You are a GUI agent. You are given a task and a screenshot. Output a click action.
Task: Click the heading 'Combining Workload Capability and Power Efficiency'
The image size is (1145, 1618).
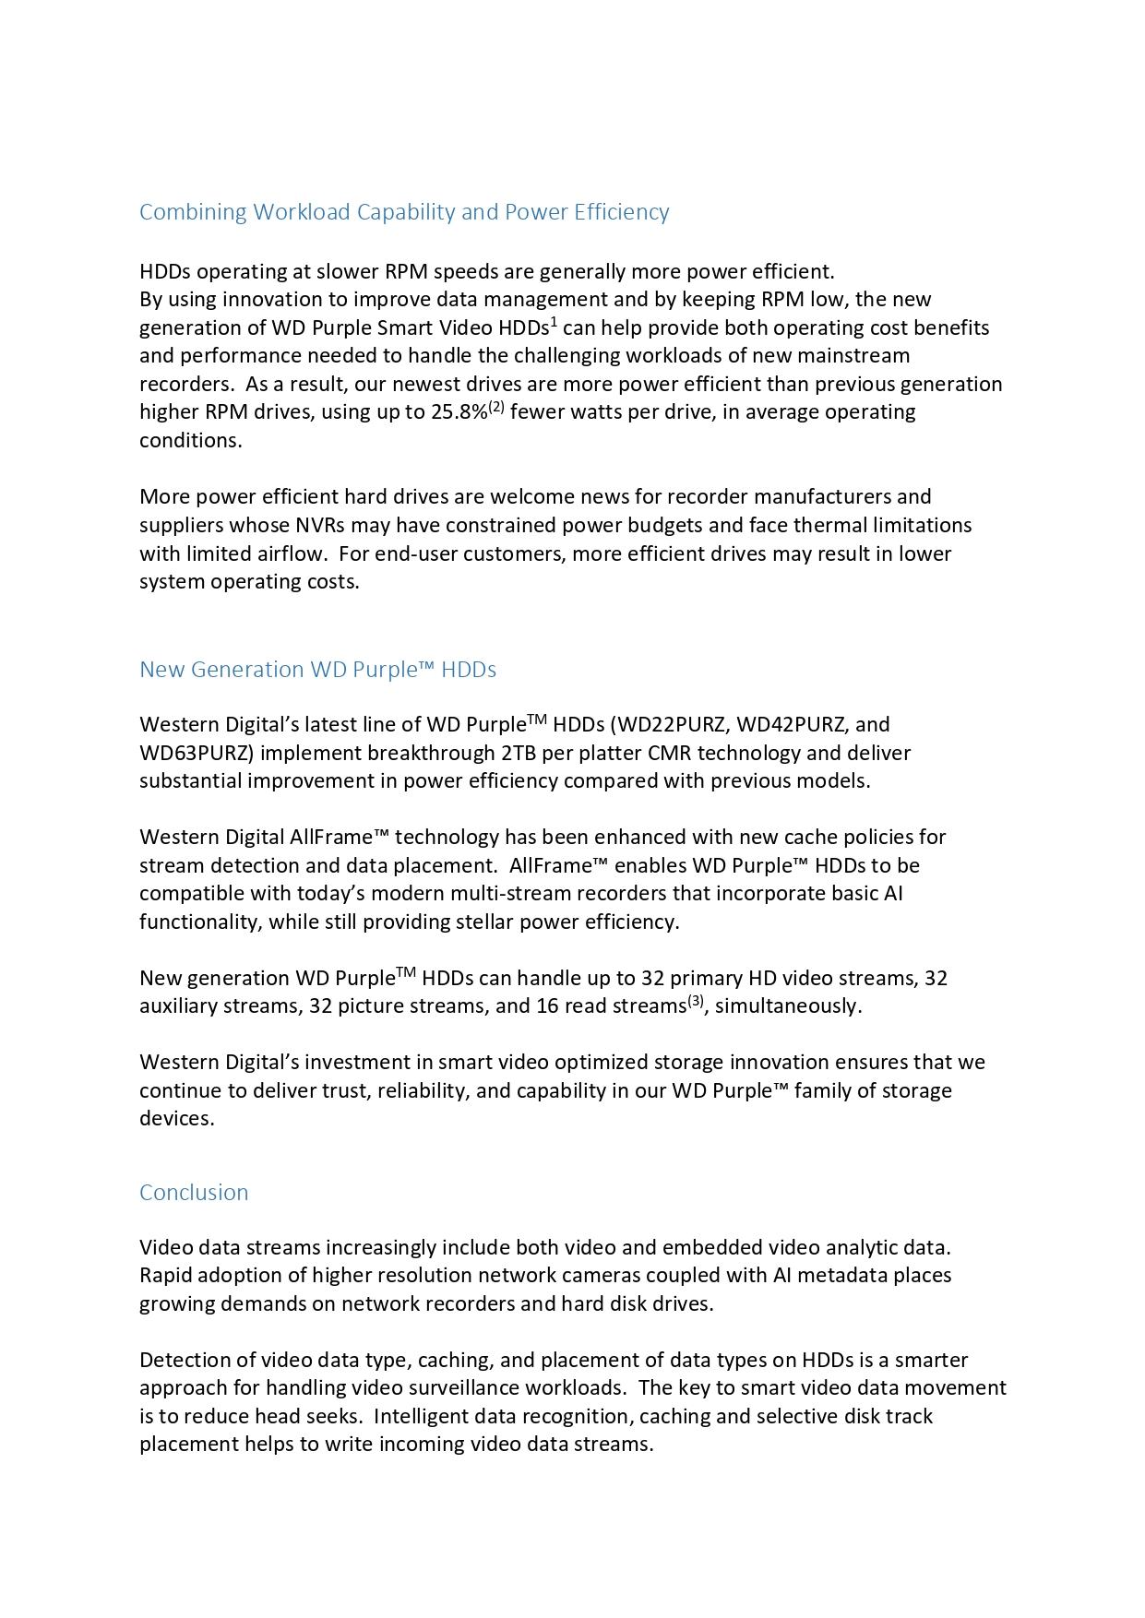pyautogui.click(x=404, y=212)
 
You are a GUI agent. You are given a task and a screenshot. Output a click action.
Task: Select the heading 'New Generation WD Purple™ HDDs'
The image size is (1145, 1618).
pyautogui.click(x=317, y=669)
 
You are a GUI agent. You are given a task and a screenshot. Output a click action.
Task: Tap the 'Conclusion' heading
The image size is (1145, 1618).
pyautogui.click(x=194, y=1192)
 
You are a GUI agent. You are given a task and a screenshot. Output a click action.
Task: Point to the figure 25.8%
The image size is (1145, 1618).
pyautogui.click(x=459, y=412)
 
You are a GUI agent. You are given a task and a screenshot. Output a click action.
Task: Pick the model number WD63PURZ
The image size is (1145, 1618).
pyautogui.click(x=196, y=753)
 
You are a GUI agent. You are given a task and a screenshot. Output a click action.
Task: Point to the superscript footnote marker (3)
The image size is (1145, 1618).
pyautogui.click(x=696, y=1000)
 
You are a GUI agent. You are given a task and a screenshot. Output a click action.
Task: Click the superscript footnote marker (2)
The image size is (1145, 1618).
pyautogui.click(x=496, y=406)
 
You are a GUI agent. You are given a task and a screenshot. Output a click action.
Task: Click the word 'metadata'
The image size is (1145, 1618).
pyautogui.click(x=843, y=1275)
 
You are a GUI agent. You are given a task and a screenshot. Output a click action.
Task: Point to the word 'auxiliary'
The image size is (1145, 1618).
pyautogui.click(x=178, y=1005)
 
